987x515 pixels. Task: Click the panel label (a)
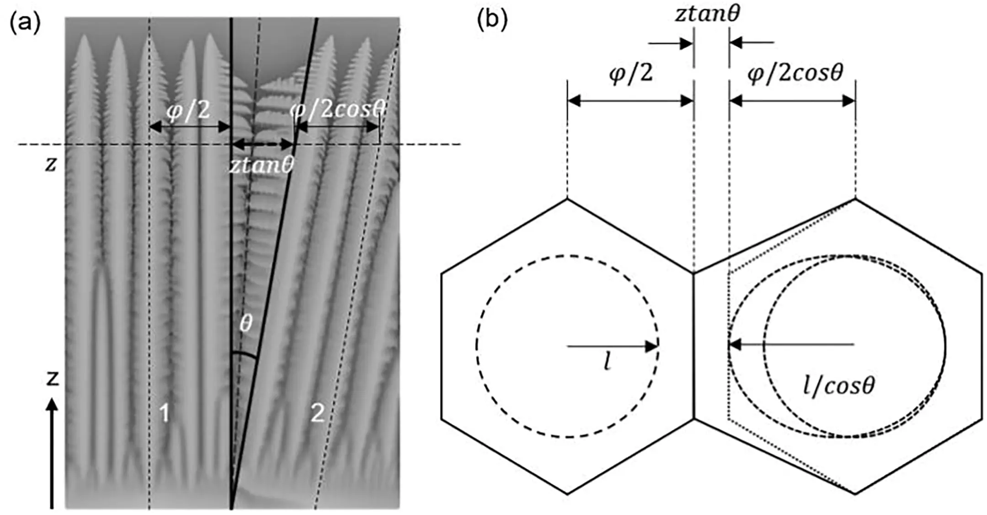[25, 22]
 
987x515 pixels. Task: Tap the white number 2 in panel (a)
[317, 413]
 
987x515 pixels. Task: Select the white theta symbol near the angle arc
[246, 323]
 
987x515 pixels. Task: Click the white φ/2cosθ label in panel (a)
[338, 109]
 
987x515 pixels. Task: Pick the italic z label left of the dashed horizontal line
[50, 164]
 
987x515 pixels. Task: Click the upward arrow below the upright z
[52, 453]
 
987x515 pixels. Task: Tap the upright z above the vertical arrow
[53, 378]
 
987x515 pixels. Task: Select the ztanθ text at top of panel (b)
[707, 14]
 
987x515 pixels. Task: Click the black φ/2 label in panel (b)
[631, 73]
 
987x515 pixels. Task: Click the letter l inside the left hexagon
[607, 363]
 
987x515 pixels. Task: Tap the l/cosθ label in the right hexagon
[838, 386]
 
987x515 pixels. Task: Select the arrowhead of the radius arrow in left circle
[651, 346]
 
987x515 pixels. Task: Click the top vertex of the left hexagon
[567, 198]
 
